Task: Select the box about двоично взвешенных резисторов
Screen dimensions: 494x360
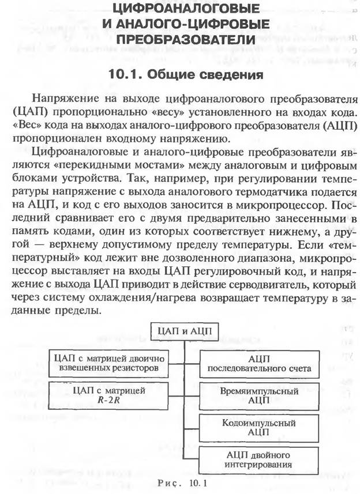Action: pos(110,363)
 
